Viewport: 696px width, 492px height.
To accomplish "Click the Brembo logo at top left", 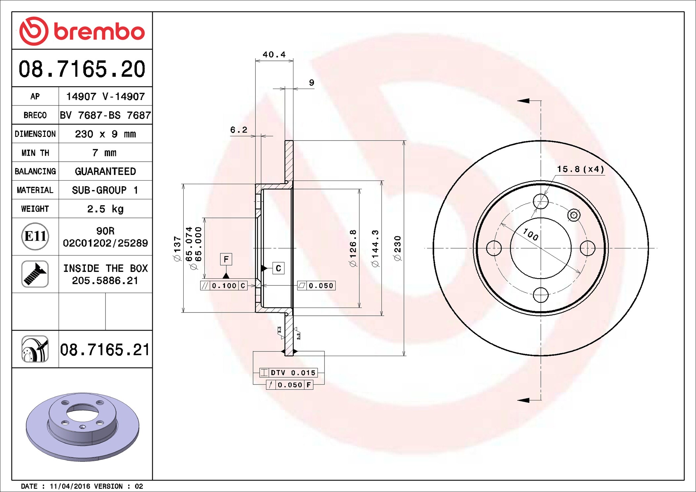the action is [x=82, y=31].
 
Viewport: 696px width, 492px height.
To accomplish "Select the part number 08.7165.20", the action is [x=82, y=69].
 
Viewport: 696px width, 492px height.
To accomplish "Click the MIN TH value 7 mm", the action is [x=105, y=153].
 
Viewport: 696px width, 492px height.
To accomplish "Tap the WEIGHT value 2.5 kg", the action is [x=105, y=209].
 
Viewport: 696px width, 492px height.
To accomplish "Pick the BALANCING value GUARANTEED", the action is [x=105, y=171].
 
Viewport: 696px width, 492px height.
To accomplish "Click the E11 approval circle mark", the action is [x=35, y=236].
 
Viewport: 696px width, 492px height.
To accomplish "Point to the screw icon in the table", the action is [x=35, y=274].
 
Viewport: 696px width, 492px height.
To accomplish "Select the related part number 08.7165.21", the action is [x=105, y=349].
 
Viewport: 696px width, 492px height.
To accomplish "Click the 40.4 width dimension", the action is [x=274, y=55].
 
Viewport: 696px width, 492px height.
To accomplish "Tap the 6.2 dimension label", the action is [x=239, y=130].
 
